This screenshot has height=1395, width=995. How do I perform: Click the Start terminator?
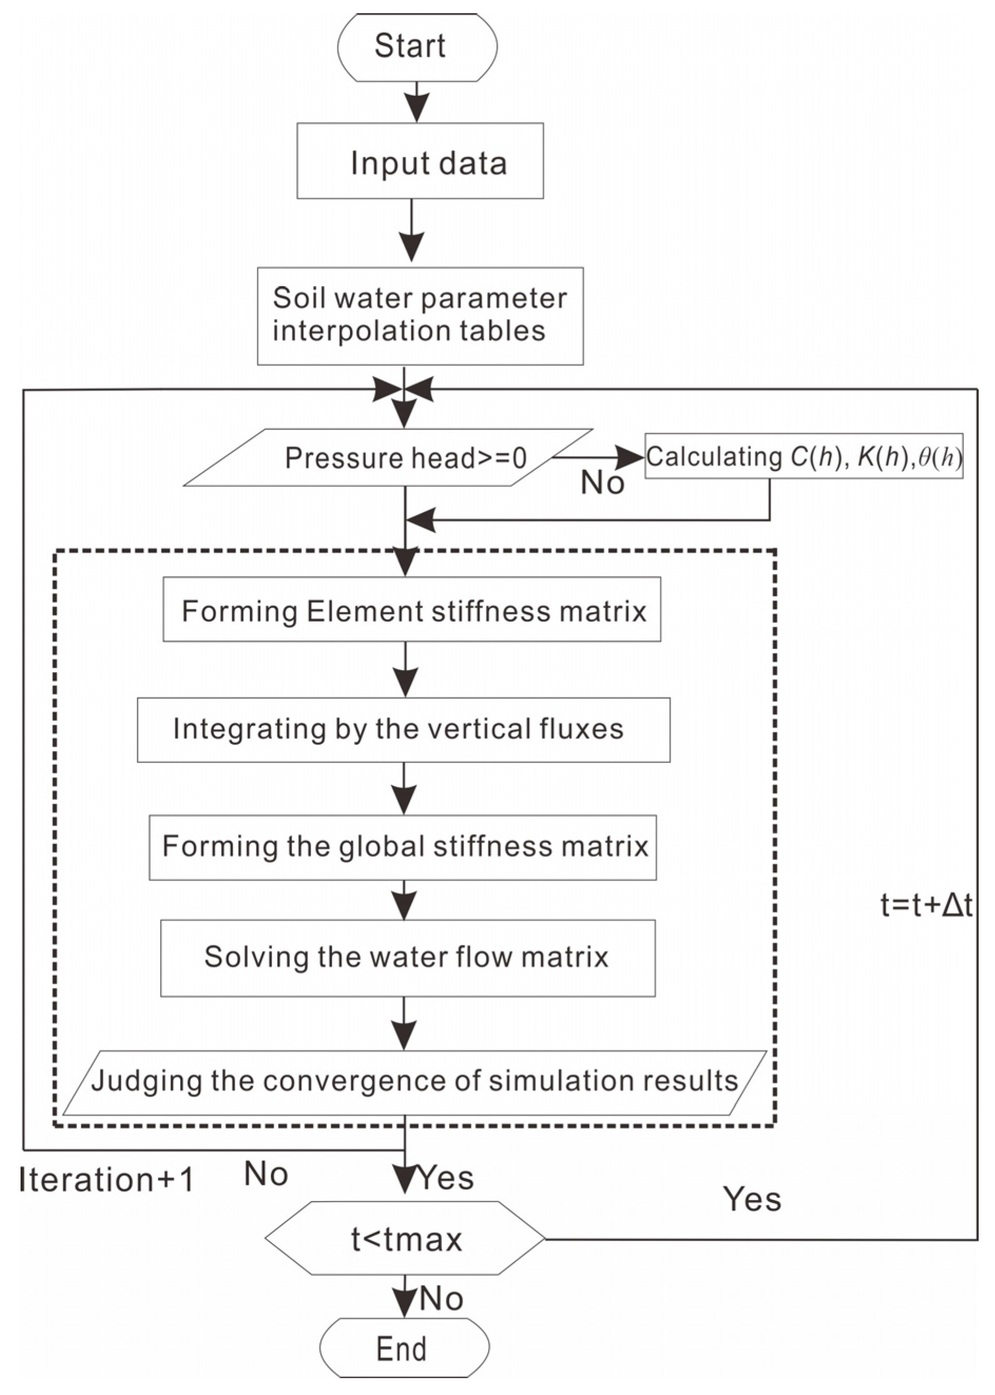(x=417, y=47)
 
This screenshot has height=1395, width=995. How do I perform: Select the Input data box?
(x=421, y=161)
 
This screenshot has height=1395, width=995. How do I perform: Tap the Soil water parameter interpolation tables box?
(x=421, y=316)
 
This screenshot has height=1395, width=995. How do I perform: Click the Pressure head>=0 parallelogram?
(x=388, y=457)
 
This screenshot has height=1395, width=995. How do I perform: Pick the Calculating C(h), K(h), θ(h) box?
(x=804, y=457)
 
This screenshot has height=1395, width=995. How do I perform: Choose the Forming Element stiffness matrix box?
(x=412, y=609)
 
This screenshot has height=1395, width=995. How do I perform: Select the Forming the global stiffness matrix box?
(x=403, y=848)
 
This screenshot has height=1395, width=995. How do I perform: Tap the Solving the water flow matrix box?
(x=408, y=958)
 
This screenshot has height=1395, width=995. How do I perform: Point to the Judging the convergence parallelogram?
(x=415, y=1083)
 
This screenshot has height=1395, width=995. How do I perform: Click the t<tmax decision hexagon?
(x=405, y=1239)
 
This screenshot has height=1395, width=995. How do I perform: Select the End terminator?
(x=404, y=1348)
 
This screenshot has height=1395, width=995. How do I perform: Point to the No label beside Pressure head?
(x=602, y=483)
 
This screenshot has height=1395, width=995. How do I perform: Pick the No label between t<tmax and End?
(x=441, y=1298)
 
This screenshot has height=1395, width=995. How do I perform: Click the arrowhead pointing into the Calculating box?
(x=630, y=457)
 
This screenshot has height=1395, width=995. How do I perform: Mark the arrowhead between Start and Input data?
(x=417, y=108)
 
